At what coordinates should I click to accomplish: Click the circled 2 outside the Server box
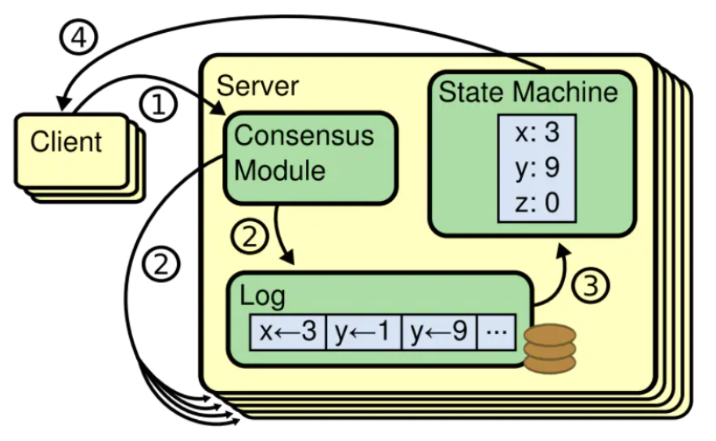coord(160,265)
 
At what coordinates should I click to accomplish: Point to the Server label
coord(257,85)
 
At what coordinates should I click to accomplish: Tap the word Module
coord(280,170)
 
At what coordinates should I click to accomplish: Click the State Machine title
coord(528,92)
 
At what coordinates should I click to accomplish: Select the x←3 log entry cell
coord(286,332)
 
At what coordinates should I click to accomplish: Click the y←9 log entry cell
coord(439,332)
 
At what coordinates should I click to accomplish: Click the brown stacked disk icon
coord(549,349)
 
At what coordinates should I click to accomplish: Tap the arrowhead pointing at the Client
coord(63,102)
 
